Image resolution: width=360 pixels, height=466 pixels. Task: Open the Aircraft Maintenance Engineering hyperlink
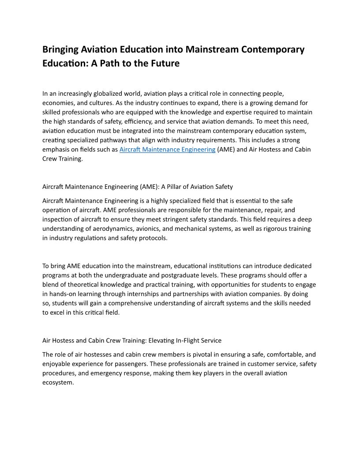(x=167, y=150)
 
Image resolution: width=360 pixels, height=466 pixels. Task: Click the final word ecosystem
(x=57, y=382)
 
